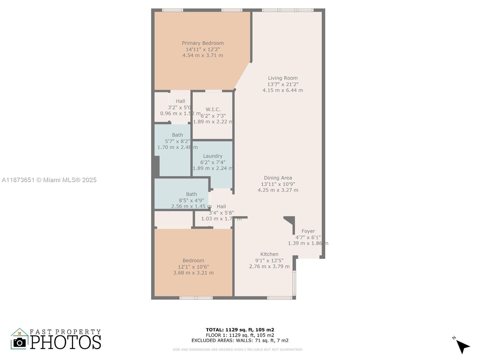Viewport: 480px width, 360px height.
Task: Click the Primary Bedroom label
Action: [202, 43]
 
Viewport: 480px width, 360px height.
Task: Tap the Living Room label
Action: [283, 78]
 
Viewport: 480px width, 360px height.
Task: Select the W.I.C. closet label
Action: [213, 109]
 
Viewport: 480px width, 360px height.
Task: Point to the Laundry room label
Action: [213, 156]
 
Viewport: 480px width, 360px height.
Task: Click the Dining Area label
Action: [278, 178]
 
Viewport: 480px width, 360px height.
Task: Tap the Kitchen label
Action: [269, 254]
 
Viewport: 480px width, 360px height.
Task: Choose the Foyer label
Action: [308, 231]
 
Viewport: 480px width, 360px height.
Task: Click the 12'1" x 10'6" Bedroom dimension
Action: [193, 267]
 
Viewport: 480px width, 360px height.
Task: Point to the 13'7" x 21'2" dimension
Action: [283, 84]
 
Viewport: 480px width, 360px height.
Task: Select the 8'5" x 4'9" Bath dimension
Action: [191, 200]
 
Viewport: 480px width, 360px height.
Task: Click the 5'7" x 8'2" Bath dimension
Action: [177, 141]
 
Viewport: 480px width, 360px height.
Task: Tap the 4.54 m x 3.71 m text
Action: [202, 55]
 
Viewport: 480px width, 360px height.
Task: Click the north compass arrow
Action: [462, 346]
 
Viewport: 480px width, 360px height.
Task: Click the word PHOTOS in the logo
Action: [65, 342]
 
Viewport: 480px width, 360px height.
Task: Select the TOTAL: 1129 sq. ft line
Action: [240, 330]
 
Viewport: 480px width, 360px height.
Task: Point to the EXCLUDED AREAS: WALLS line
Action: [240, 340]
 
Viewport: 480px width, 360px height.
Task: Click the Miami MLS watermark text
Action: [49, 180]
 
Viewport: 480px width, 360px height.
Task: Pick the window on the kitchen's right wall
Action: [294, 283]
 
